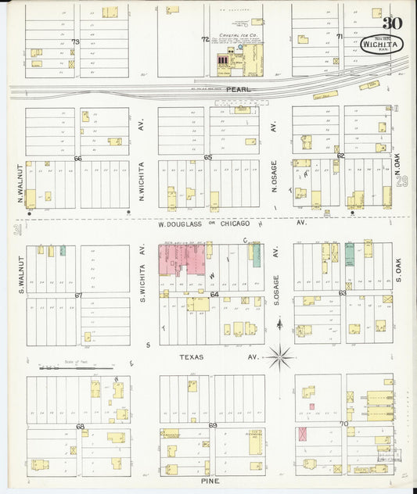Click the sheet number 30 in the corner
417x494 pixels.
[393, 23]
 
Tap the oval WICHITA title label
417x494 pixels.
[383, 44]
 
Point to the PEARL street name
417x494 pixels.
[239, 89]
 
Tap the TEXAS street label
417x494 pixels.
[191, 357]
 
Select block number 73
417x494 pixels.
[76, 41]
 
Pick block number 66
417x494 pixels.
[77, 158]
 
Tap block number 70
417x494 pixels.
[343, 424]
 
